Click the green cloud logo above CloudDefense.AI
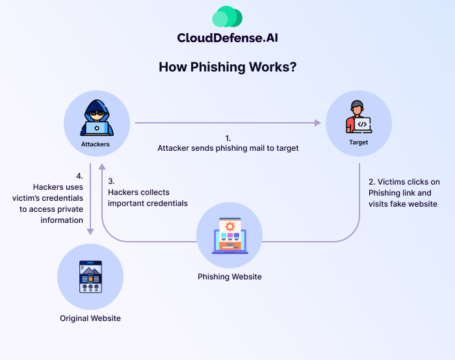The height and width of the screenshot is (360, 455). pyautogui.click(x=227, y=16)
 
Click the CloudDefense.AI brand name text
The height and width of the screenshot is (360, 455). pyautogui.click(x=227, y=38)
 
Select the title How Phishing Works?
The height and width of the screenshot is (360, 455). pyautogui.click(x=227, y=68)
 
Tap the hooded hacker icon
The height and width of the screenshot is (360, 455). pyautogui.click(x=96, y=117)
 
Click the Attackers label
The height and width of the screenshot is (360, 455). pyautogui.click(x=96, y=144)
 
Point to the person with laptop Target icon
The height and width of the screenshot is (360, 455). pyautogui.click(x=357, y=116)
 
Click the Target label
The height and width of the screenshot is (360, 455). pyautogui.click(x=358, y=142)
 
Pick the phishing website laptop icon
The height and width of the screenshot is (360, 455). pyautogui.click(x=229, y=236)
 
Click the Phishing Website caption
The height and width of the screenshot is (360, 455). pyautogui.click(x=229, y=277)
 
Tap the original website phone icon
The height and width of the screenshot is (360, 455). pyautogui.click(x=90, y=276)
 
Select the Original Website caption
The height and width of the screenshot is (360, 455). pyautogui.click(x=90, y=318)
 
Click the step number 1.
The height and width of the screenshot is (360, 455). pyautogui.click(x=228, y=138)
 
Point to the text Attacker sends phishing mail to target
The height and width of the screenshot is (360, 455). pyautogui.click(x=228, y=148)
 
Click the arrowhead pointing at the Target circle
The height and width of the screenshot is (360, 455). pyautogui.click(x=318, y=122)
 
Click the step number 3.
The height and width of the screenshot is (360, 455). pyautogui.click(x=110, y=181)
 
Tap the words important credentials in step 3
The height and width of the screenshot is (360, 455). pyautogui.click(x=148, y=203)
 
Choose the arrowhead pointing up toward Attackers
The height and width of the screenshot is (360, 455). pyautogui.click(x=101, y=166)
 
